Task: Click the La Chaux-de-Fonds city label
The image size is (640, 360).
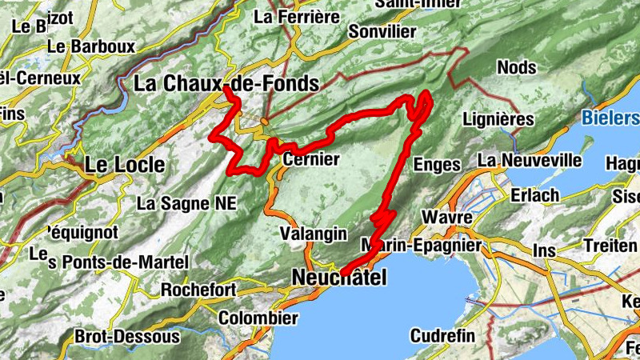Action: [x=226, y=83]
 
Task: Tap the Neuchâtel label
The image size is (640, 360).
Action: [x=338, y=278]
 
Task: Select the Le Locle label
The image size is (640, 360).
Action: [x=125, y=165]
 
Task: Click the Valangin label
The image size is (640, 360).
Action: [x=314, y=234]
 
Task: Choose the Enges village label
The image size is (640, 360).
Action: [x=438, y=165]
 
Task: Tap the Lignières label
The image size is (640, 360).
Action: [x=498, y=119]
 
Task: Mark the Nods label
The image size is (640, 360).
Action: [x=517, y=66]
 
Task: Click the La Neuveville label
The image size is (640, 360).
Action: [x=530, y=160]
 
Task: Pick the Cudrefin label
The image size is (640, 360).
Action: [x=442, y=335]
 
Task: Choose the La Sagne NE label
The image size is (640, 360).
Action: [x=186, y=203]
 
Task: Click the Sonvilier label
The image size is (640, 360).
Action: [x=382, y=31]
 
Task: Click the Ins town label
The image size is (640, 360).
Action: [x=544, y=250]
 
